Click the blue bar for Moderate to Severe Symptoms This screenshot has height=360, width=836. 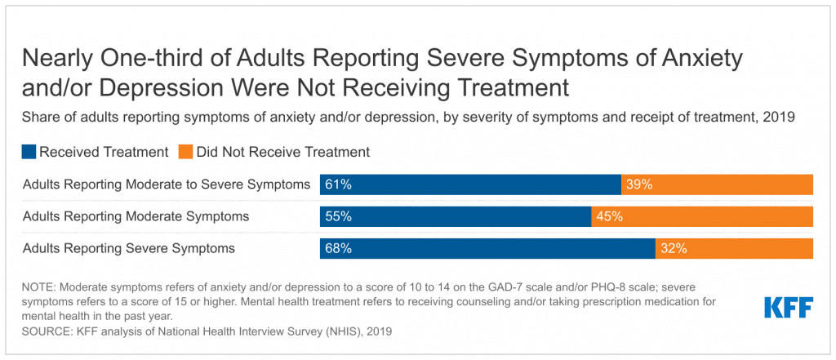coord(470,184)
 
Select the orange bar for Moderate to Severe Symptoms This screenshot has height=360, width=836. coord(717,184)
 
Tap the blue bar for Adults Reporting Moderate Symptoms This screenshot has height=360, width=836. coord(456,216)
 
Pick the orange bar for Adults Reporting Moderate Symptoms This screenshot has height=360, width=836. coord(702,216)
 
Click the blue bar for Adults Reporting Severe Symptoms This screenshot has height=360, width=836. coord(487,248)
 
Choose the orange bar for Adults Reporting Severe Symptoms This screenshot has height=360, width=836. coord(734,248)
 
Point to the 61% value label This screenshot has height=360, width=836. coord(338,184)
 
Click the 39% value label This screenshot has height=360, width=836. coord(639,184)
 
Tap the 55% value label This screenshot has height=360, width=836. coord(338,216)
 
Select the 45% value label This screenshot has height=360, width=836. coord(610,216)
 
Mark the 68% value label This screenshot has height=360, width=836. coord(338,248)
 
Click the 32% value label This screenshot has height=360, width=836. coord(674,248)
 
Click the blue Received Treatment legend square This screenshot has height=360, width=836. coord(29,152)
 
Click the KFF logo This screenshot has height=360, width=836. coord(788,308)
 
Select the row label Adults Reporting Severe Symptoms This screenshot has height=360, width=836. coord(129,248)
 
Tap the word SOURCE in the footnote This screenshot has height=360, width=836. coord(46,332)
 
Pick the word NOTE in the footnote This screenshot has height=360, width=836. coord(39,287)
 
